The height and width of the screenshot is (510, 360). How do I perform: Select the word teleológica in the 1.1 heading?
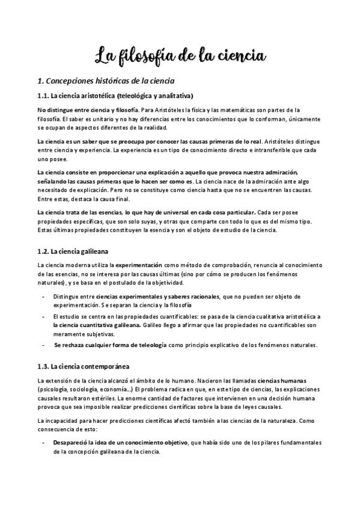tap(133, 96)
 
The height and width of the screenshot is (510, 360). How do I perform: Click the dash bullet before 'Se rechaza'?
tap(43, 345)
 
